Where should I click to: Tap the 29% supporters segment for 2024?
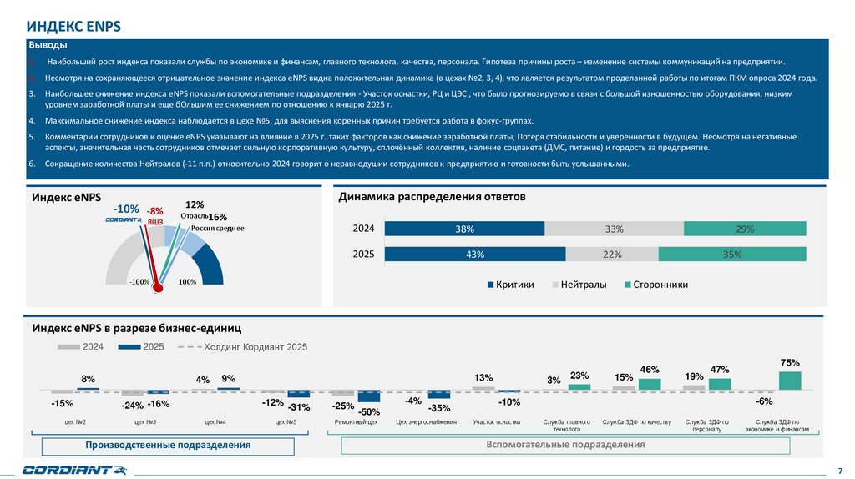(745, 229)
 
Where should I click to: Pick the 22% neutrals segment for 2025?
(612, 255)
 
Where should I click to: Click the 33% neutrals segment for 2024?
(614, 229)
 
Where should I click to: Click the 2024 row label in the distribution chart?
(363, 229)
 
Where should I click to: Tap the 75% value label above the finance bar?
(790, 362)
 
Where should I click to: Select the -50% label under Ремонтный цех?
(369, 411)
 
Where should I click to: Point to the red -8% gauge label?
(155, 212)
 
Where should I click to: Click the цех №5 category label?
(286, 422)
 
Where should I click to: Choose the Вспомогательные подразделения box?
(565, 445)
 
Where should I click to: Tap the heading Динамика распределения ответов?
(431, 197)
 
